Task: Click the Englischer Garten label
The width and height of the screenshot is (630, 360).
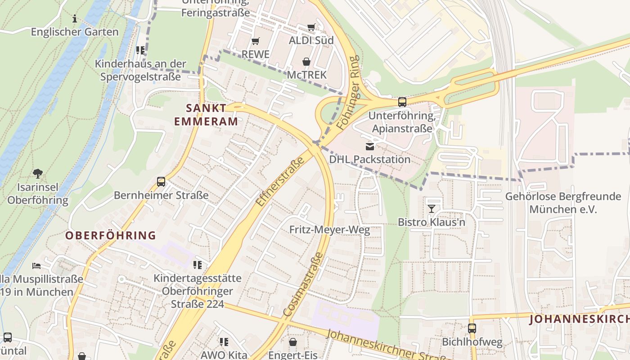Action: (75, 32)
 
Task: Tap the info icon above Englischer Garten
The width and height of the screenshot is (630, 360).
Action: (75, 18)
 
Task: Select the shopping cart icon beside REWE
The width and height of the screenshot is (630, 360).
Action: (255, 41)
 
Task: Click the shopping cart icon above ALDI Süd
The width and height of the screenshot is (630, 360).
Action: (311, 27)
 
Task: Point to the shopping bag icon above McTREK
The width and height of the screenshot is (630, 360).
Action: (306, 61)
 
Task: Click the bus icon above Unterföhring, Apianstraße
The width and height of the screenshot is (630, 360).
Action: (402, 102)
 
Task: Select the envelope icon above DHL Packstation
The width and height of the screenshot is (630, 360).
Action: (369, 146)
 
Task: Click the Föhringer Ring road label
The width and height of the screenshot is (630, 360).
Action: (348, 93)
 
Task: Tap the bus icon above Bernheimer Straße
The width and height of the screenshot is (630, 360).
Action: (161, 182)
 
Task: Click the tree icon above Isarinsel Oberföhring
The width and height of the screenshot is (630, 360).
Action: (38, 173)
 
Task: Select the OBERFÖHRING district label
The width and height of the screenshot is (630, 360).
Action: (111, 235)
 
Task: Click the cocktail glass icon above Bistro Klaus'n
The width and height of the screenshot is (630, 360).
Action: (432, 208)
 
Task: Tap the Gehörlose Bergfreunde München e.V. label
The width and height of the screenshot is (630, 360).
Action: (562, 203)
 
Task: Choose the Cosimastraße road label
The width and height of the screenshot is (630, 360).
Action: (303, 283)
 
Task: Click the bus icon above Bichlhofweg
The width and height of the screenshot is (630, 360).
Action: (472, 328)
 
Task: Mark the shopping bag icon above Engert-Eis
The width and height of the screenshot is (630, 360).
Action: (293, 342)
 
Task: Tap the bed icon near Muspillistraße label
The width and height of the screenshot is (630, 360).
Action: (36, 266)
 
